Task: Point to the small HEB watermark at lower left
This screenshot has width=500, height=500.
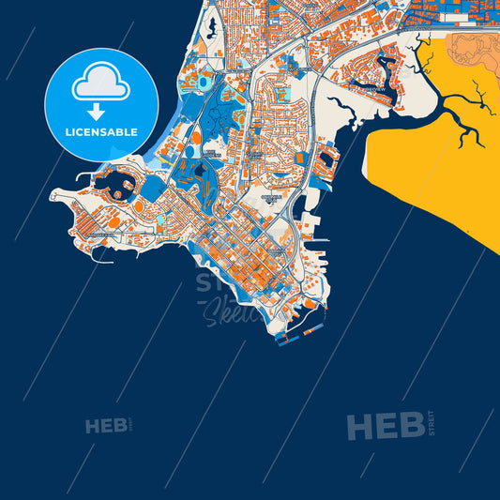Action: [x=105, y=427]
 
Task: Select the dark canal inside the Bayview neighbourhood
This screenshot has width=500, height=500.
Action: [x=385, y=69]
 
